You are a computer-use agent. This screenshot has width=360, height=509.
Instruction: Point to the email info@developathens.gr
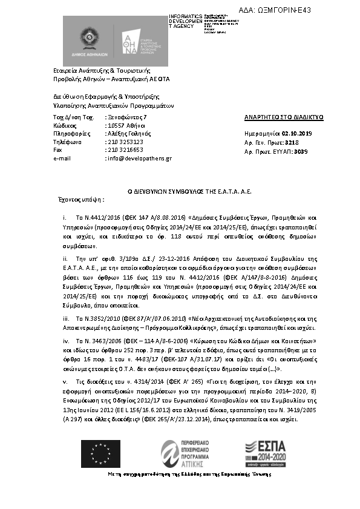click(x=139, y=158)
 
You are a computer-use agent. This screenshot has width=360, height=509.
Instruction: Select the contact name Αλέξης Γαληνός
click(x=129, y=133)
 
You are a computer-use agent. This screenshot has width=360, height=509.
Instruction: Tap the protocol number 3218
click(x=293, y=142)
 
